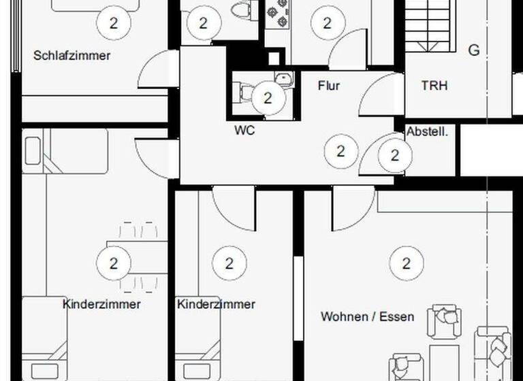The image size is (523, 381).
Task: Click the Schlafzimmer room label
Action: [x=72, y=56]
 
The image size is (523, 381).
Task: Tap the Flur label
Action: [x=329, y=86]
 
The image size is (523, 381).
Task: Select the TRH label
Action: [x=434, y=86]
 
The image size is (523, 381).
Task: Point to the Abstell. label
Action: [x=427, y=132]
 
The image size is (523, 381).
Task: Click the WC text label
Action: [x=244, y=130]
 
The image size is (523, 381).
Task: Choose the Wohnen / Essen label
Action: [x=368, y=316]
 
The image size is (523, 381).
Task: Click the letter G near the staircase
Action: [x=474, y=50]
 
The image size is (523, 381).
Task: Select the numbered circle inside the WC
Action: [x=268, y=98]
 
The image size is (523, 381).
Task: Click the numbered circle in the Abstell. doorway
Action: [x=395, y=155]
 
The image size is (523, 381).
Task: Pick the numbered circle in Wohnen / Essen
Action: [x=407, y=263]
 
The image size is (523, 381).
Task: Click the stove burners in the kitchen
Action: [x=277, y=12]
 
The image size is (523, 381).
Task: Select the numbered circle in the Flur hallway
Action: [x=340, y=151]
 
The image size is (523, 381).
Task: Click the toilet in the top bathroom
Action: [x=239, y=10]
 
